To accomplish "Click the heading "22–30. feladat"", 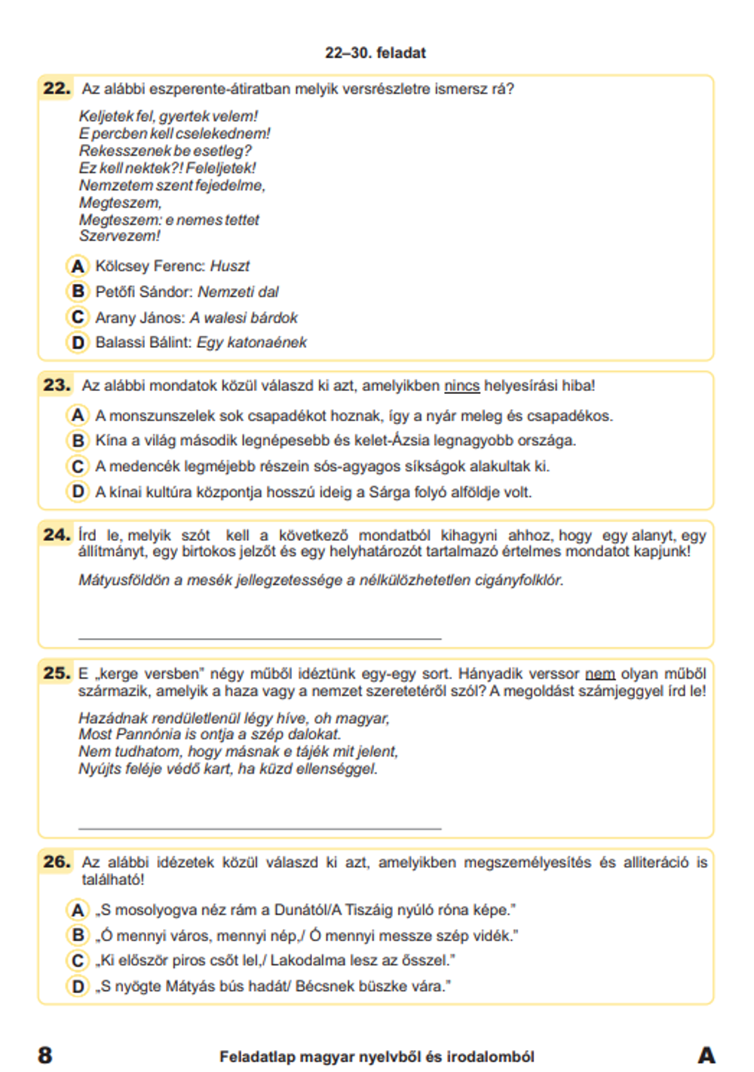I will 375,53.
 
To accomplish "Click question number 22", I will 57,88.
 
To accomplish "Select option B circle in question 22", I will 78,292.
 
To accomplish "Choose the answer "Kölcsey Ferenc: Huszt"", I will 172,266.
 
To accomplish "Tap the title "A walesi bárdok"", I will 244,318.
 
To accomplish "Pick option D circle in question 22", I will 78,343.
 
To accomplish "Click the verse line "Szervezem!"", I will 120,237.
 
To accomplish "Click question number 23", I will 57,385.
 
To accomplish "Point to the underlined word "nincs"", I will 461,386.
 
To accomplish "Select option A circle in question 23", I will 78,415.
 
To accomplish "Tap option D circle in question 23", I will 78,492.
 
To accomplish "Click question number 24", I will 57,535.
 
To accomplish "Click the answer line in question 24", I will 259,637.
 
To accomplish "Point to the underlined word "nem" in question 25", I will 599,673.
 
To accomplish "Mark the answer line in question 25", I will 259,827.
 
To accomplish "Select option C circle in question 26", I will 78,961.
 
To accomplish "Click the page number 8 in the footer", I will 45,1055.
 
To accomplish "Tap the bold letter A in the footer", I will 706,1055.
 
